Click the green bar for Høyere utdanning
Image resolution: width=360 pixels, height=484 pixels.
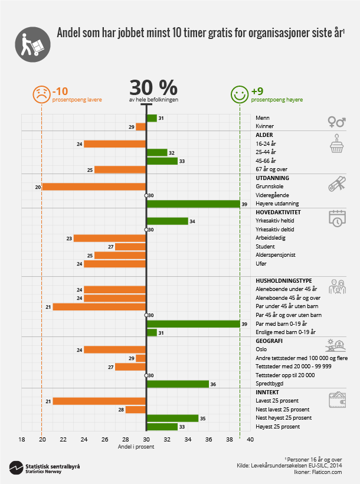click(x=193, y=204)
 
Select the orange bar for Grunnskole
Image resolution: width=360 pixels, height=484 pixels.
click(x=94, y=187)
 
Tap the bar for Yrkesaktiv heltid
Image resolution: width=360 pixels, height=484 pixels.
click(x=167, y=221)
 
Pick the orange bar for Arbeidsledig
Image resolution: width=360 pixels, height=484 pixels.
click(x=110, y=238)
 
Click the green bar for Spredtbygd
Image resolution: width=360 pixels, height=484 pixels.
click(x=178, y=384)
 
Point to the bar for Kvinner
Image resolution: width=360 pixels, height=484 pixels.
click(x=141, y=126)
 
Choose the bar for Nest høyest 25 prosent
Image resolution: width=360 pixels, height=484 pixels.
click(x=172, y=418)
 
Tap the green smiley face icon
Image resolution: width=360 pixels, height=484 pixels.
click(x=239, y=94)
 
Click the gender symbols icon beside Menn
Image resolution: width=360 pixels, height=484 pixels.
click(x=336, y=122)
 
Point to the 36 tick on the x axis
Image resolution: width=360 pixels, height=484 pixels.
click(x=209, y=439)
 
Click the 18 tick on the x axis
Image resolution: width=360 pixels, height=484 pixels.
click(x=21, y=439)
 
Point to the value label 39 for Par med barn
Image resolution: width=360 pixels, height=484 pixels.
click(x=244, y=324)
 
